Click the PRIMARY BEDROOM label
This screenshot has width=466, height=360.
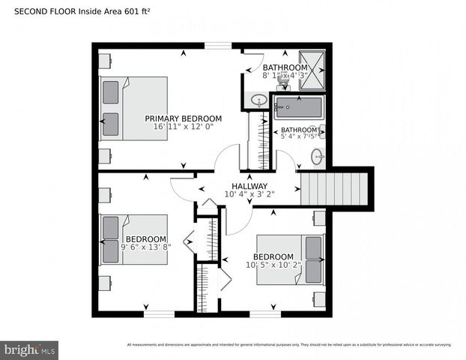click(183, 118)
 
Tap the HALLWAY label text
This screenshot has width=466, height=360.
click(249, 186)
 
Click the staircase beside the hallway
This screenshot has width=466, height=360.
click(335, 188)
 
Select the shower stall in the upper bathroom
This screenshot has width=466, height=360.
click(312, 70)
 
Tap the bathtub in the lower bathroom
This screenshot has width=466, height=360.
click(298, 107)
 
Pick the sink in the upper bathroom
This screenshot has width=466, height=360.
click(258, 100)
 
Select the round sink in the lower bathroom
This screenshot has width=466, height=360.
click(318, 157)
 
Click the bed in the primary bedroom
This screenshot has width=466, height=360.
click(133, 108)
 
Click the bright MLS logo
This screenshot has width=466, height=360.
click(30, 349)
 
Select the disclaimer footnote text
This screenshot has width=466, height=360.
click(289, 345)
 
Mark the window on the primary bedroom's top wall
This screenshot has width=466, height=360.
click(218, 46)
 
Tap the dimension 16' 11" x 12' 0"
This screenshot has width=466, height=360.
click(183, 127)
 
